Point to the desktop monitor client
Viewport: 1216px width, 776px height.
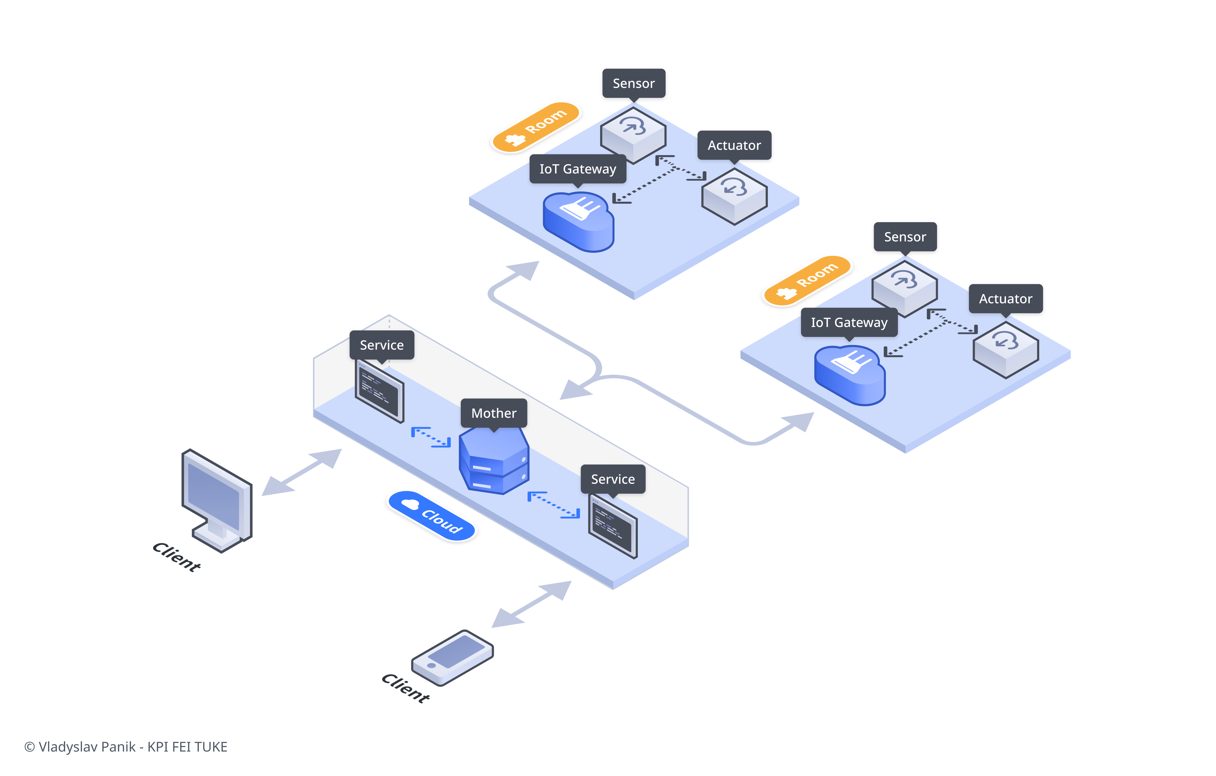pyautogui.click(x=217, y=500)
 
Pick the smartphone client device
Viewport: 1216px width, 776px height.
pyautogui.click(x=452, y=657)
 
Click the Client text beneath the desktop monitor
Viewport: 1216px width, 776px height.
pyautogui.click(x=177, y=557)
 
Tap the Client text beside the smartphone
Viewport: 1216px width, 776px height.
pyautogui.click(x=406, y=687)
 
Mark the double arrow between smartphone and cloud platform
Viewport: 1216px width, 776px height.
pyautogui.click(x=531, y=604)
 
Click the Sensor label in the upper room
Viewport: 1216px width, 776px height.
pyautogui.click(x=633, y=83)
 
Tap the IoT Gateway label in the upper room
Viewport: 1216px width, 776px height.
pyautogui.click(x=578, y=169)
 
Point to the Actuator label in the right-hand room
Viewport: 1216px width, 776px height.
pyautogui.click(x=1005, y=299)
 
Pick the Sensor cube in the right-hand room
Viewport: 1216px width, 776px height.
pyautogui.click(x=904, y=288)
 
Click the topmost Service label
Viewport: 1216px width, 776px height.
pyautogui.click(x=382, y=345)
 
